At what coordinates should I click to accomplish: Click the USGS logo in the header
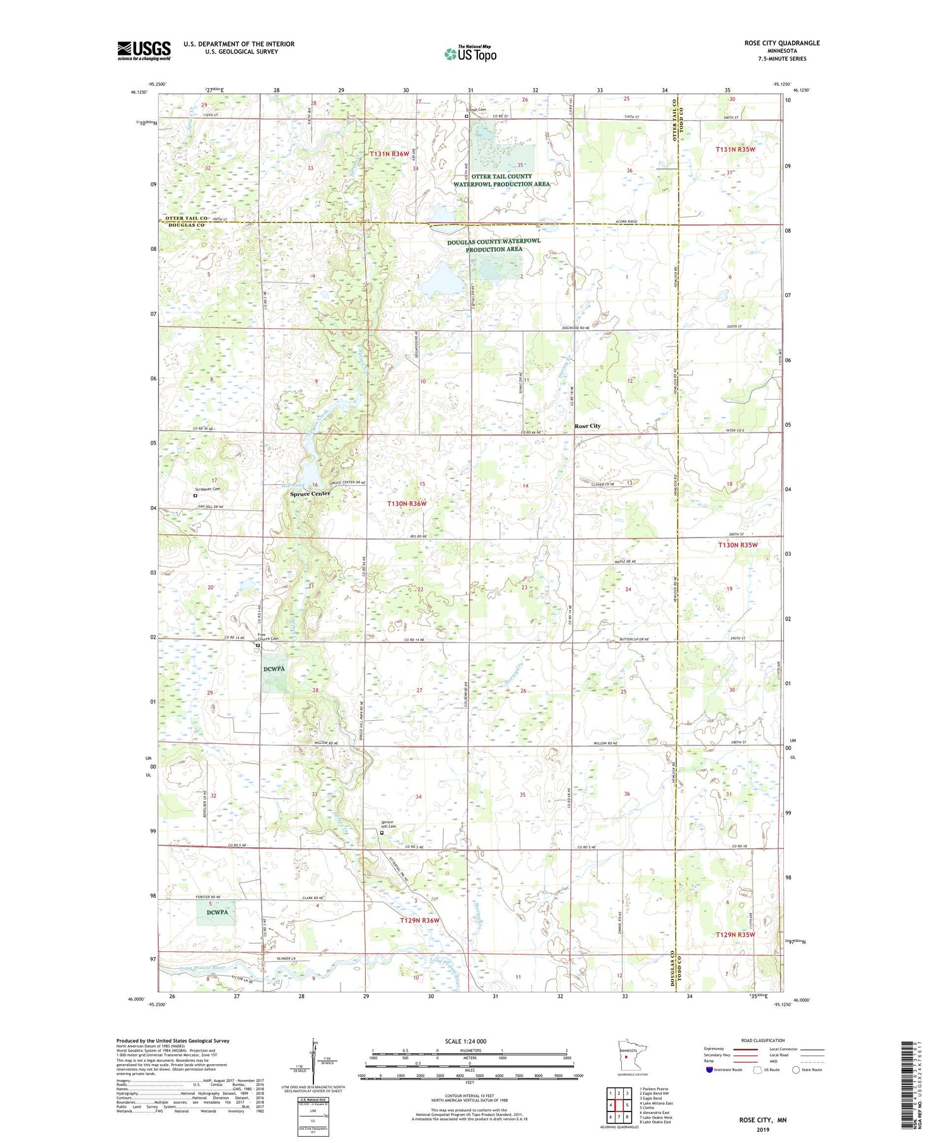pyautogui.click(x=144, y=50)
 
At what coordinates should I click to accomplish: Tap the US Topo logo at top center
pyautogui.click(x=470, y=54)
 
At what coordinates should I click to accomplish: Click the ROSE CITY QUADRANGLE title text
pyautogui.click(x=781, y=43)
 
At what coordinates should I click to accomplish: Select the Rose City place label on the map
pyautogui.click(x=587, y=426)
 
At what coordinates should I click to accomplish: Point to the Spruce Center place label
pyautogui.click(x=310, y=494)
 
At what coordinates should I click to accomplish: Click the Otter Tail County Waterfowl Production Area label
pyautogui.click(x=501, y=180)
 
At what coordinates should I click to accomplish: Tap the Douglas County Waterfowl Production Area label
pyautogui.click(x=494, y=245)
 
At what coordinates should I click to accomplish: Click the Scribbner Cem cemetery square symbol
pyautogui.click(x=196, y=496)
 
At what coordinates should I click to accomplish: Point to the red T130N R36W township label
pyautogui.click(x=407, y=504)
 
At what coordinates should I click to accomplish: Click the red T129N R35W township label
pyautogui.click(x=735, y=934)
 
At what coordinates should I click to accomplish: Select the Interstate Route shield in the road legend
pyautogui.click(x=710, y=1070)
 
